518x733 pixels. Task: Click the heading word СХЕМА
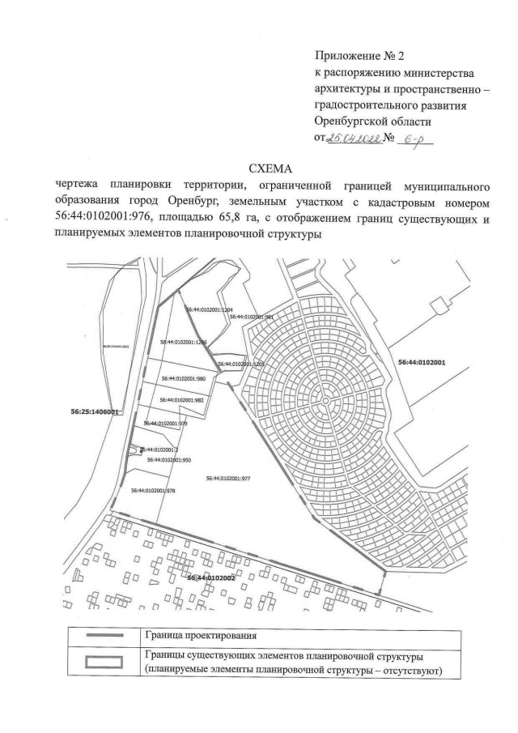(258, 168)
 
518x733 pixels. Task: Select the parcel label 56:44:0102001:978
(153, 490)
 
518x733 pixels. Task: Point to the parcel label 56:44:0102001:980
(185, 378)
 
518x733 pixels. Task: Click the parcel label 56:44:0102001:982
(181, 400)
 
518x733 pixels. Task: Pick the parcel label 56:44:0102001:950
(168, 459)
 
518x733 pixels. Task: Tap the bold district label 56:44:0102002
(210, 577)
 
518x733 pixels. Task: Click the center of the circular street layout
(323, 400)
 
